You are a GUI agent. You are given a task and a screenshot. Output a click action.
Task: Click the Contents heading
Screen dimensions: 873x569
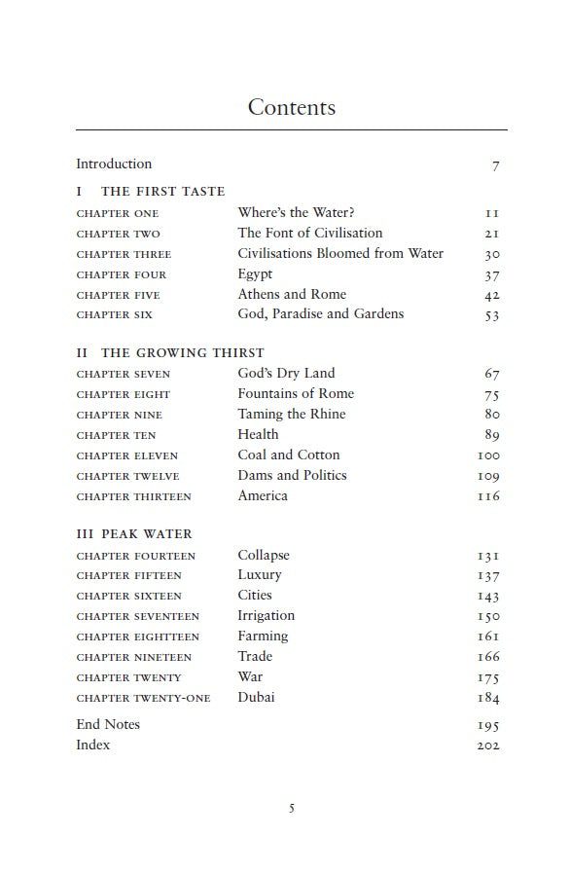pos(291,107)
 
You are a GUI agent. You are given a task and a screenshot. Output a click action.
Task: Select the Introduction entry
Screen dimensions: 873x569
pos(114,164)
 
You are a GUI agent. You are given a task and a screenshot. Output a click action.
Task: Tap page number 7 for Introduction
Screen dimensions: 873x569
pos(496,165)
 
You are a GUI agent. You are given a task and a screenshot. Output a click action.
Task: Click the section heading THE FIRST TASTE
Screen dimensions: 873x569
pos(162,192)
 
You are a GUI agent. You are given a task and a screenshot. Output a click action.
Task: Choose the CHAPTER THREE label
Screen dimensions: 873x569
pos(124,254)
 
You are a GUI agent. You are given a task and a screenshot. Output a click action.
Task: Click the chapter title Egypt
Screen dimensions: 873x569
pos(255,274)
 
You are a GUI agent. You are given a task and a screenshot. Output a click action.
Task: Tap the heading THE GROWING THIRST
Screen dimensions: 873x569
pos(181,353)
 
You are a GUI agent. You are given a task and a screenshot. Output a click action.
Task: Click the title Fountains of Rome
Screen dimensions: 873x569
pos(296,393)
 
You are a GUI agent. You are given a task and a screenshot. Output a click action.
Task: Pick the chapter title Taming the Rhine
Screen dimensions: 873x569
pos(291,414)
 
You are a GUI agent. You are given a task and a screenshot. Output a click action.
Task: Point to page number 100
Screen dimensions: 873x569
pos(488,455)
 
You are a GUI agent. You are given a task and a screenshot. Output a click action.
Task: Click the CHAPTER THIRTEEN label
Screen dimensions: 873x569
pos(133,496)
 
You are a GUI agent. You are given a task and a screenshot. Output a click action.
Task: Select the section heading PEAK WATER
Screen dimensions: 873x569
pos(146,534)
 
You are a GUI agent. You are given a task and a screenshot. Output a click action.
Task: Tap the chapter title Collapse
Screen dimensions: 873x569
pos(264,555)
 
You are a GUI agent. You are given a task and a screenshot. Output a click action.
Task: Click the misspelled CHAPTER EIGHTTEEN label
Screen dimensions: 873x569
pos(137,637)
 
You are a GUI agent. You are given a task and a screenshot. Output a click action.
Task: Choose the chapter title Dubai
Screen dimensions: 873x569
pos(256,697)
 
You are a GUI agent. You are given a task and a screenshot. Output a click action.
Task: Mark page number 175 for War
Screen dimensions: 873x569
pos(488,678)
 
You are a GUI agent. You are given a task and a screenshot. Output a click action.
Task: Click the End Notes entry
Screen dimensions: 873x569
pos(108,724)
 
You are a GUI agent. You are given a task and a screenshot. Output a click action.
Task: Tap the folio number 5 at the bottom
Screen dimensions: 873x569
pos(291,809)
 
